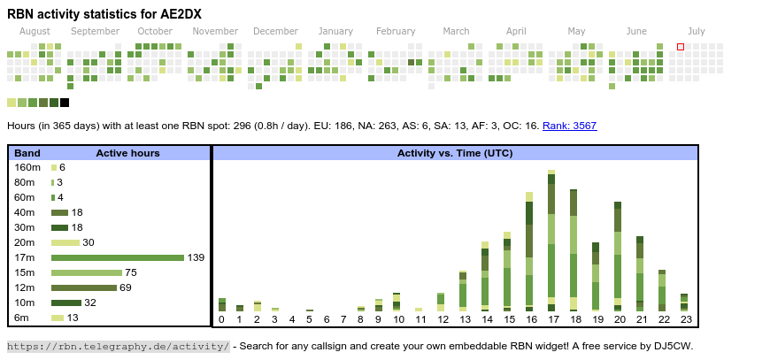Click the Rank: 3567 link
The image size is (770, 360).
569,126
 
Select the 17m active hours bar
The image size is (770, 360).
117,257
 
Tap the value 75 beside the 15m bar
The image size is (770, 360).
131,272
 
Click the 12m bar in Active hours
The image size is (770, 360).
84,287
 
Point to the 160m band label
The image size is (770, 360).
27,167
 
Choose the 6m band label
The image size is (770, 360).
22,318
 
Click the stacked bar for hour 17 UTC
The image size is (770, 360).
551,240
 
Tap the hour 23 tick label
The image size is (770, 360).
684,319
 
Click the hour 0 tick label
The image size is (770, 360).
221,319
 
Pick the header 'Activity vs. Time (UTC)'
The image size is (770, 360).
455,153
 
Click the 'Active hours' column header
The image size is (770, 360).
127,153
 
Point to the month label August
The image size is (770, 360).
35,31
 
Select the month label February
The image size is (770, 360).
395,31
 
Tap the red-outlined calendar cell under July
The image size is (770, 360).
681,47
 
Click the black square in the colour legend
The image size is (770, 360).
65,103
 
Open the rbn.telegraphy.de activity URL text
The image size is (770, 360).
119,346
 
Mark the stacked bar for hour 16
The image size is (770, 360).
529,250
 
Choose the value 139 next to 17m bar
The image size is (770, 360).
196,257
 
